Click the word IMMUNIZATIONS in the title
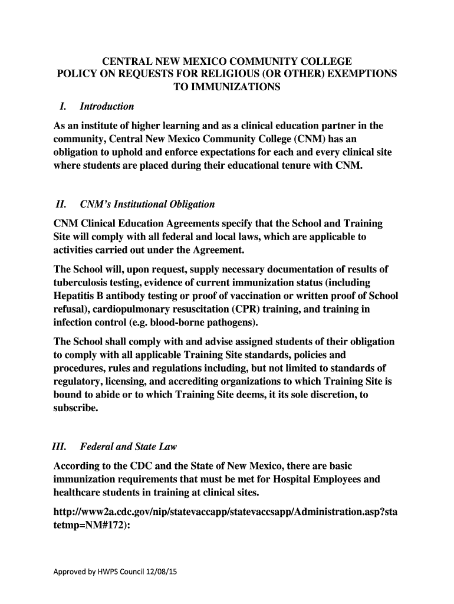click(x=226, y=87)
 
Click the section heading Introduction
click(x=107, y=107)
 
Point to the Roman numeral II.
click(x=60, y=205)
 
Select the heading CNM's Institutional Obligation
click(x=147, y=205)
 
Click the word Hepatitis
click(x=76, y=296)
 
